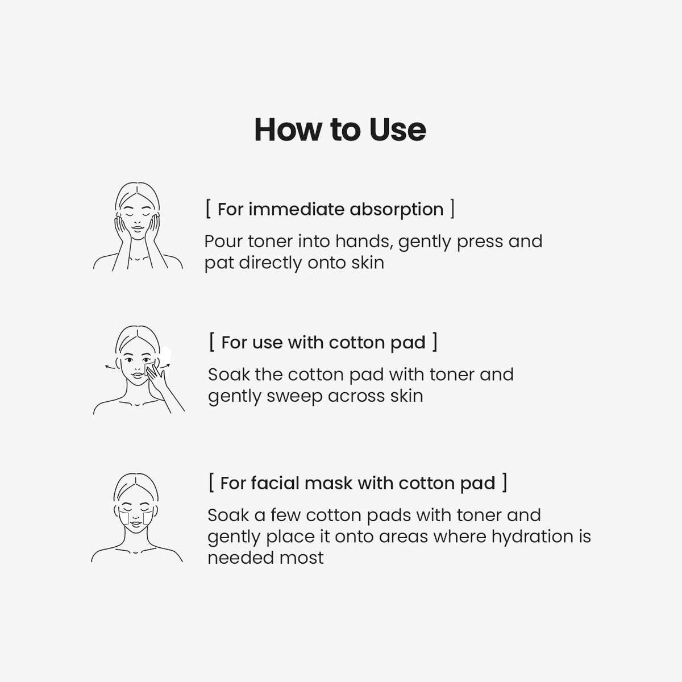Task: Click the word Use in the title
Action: tap(397, 130)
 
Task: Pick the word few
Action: tap(285, 515)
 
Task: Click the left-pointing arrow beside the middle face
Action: tap(110, 367)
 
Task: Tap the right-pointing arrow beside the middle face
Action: tap(165, 365)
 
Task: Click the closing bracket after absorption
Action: tap(452, 209)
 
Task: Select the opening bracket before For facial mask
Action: tap(211, 483)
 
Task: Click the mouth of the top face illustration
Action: tap(138, 230)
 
